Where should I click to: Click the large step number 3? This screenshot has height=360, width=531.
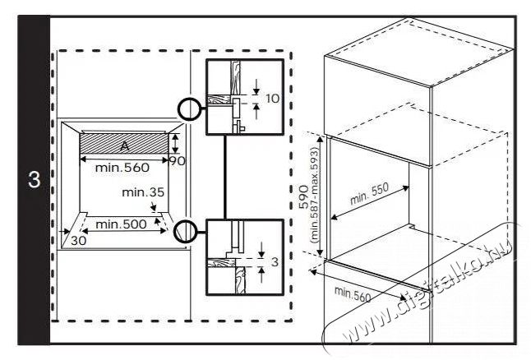[x=34, y=180]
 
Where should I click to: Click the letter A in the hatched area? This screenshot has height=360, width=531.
[x=125, y=146]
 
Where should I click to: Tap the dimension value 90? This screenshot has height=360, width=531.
[x=177, y=161]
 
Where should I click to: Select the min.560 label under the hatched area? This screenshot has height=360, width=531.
[x=122, y=168]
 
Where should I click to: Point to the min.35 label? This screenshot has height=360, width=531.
[x=143, y=192]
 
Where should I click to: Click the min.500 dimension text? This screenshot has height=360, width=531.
[x=121, y=224]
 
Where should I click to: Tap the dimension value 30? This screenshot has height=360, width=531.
[x=79, y=241]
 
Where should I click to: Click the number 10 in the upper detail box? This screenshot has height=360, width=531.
[x=273, y=99]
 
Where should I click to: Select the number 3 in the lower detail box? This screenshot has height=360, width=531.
[x=275, y=262]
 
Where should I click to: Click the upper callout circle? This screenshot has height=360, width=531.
[x=178, y=109]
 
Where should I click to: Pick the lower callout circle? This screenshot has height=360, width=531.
[x=174, y=231]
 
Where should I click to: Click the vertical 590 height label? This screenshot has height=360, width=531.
[x=303, y=196]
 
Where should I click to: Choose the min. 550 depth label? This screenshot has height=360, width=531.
[x=369, y=194]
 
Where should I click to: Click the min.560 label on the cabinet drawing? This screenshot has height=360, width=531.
[x=353, y=294]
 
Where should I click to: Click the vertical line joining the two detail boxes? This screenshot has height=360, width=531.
[x=224, y=177]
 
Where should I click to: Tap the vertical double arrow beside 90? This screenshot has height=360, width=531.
[x=175, y=144]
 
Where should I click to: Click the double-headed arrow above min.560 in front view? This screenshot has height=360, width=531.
[x=124, y=159]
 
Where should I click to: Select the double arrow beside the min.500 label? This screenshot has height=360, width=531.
[x=124, y=231]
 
